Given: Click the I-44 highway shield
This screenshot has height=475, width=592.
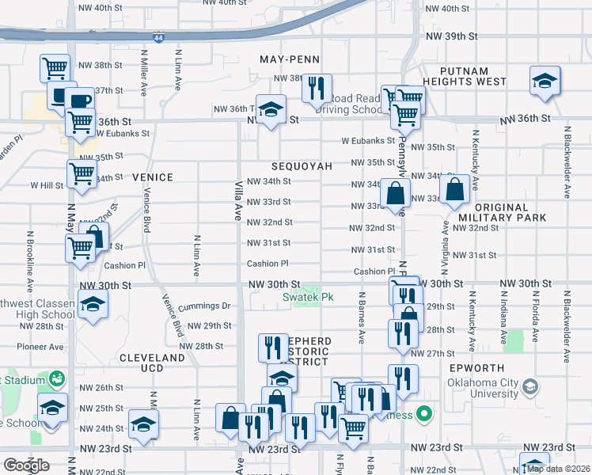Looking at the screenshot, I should click(160, 38).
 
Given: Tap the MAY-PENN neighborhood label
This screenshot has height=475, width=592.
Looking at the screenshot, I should click(290, 59).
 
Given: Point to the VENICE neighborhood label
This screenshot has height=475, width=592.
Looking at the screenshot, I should click(152, 177).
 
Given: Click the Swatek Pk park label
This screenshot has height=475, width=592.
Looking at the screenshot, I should click(303, 298).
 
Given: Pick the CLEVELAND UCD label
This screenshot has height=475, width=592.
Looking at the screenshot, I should click(152, 358).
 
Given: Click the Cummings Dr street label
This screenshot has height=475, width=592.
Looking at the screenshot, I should click(204, 306).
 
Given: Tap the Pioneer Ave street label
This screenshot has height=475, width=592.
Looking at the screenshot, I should click(43, 347).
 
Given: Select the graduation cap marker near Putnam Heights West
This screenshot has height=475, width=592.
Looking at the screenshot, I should click(544, 82).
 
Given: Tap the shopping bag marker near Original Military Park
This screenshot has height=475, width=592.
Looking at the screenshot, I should click(455, 190).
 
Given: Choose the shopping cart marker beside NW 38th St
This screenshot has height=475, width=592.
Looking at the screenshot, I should click(55, 69).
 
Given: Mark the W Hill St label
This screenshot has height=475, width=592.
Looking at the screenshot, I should click(47, 185).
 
